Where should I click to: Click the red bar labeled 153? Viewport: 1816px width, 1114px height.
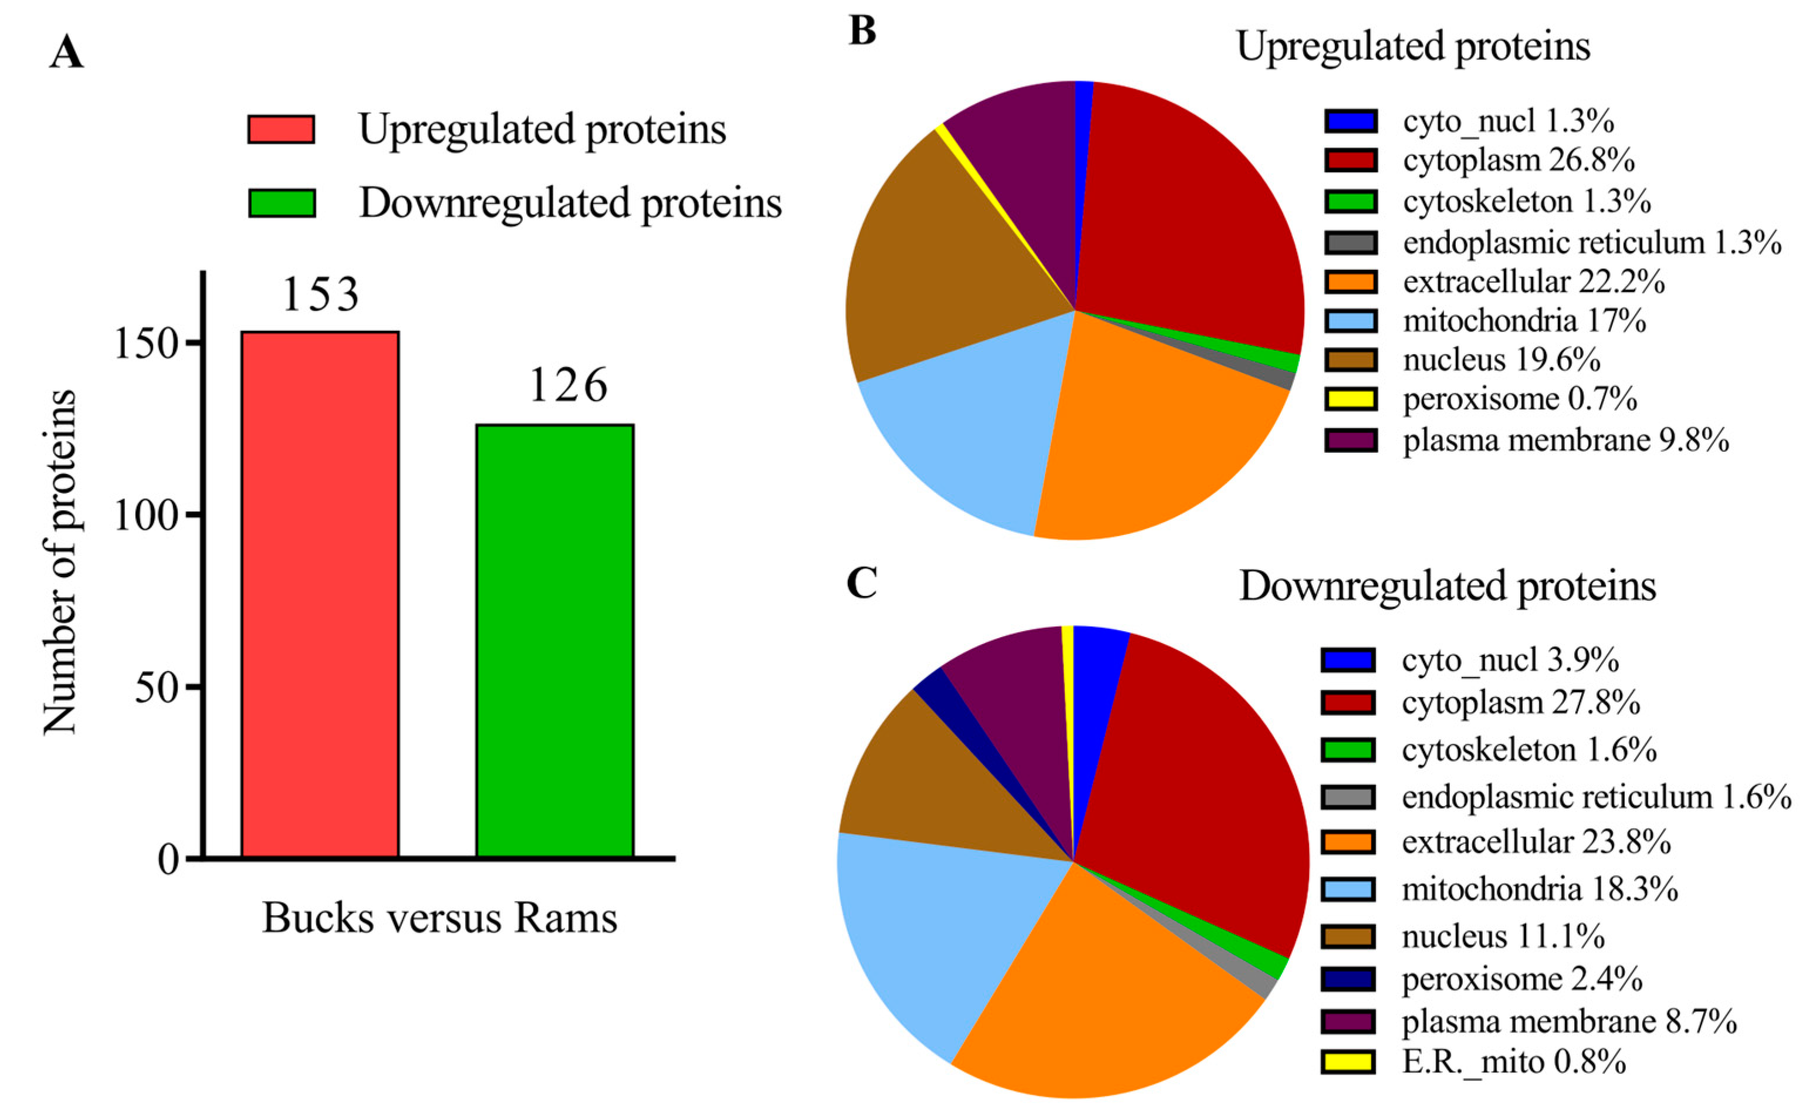click(x=320, y=594)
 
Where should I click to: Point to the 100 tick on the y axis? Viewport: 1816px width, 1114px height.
click(x=147, y=516)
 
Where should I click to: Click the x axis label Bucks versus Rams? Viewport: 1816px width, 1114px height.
click(x=439, y=919)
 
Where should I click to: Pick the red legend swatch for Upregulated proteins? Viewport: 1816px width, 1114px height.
click(x=281, y=129)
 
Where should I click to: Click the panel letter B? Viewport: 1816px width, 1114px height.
click(x=863, y=32)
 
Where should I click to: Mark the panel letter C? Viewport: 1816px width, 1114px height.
click(x=863, y=584)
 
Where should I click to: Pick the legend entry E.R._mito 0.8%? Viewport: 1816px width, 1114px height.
click(x=1513, y=1062)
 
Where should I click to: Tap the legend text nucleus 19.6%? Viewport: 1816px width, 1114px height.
click(x=1502, y=360)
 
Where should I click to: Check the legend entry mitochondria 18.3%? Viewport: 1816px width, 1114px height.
click(x=1539, y=889)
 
